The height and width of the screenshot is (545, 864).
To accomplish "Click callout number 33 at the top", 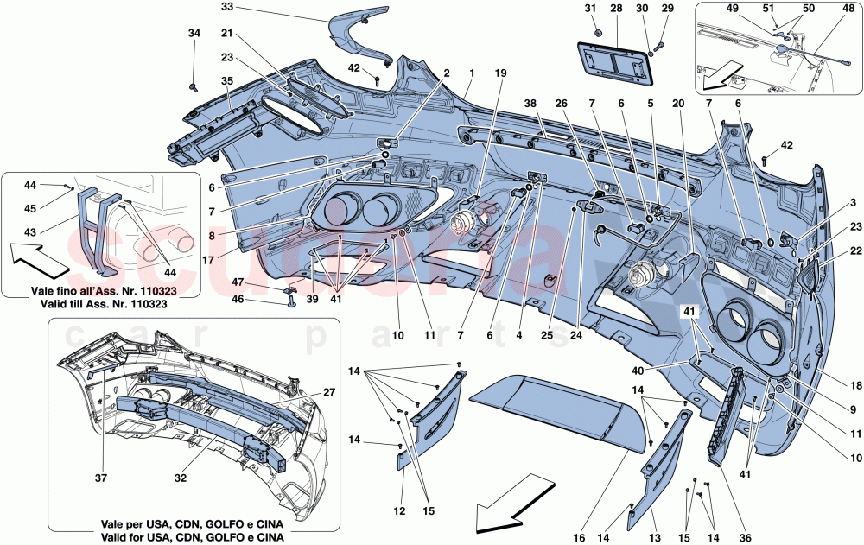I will coord(203,7).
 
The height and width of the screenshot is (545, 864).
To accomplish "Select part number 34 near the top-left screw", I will coord(194,33).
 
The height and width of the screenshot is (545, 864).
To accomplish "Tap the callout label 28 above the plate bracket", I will coord(616,9).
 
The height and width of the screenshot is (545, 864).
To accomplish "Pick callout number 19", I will coord(500,73).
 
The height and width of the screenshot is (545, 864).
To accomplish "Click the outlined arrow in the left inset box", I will coord(46,252).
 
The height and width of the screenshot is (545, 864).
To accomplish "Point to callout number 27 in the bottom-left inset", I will coord(328,392).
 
